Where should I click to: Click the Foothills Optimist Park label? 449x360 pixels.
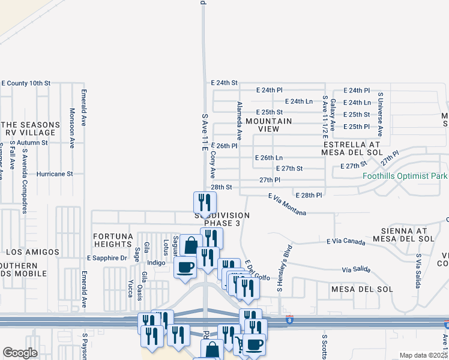[405, 176]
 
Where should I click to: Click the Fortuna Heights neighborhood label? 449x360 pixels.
[113, 240]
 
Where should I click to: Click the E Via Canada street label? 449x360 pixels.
[346, 241]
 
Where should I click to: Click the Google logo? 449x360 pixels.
[20, 353]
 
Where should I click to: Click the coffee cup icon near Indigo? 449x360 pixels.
[185, 267]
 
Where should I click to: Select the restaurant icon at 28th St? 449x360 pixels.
[205, 203]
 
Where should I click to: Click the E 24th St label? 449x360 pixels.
[224, 82]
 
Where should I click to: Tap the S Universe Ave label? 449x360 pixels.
[380, 115]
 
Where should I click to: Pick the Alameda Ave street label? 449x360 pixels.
[239, 121]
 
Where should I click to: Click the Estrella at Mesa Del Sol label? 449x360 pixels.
[352, 149]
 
